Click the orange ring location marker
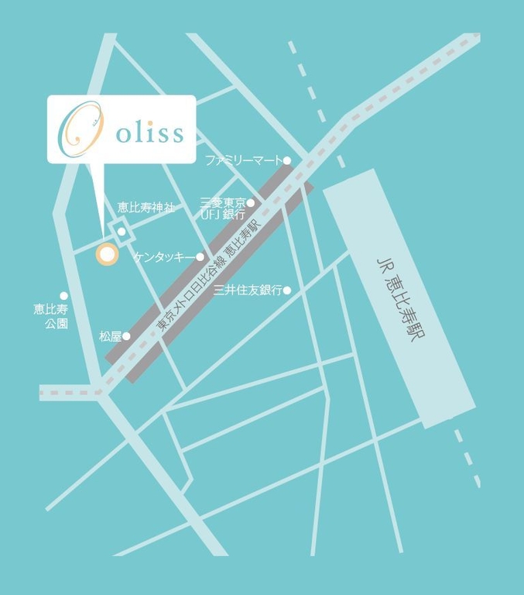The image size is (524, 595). click(x=106, y=253)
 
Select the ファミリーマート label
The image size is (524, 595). click(x=242, y=160)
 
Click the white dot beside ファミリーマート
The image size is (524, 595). click(x=286, y=160)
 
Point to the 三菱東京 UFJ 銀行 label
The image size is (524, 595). click(x=222, y=208)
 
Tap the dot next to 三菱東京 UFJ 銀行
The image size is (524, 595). click(x=250, y=203)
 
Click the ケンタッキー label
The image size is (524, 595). click(x=164, y=256)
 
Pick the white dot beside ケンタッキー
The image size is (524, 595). click(x=200, y=256)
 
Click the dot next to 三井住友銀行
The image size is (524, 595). click(x=286, y=291)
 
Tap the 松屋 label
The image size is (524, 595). click(x=110, y=336)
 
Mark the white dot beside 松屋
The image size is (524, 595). click(x=126, y=336)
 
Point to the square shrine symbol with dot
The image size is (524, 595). click(x=121, y=231)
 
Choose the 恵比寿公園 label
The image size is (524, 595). click(x=51, y=316)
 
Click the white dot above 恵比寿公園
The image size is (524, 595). click(x=63, y=295)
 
